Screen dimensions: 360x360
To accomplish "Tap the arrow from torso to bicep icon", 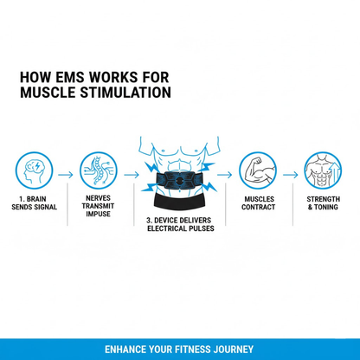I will (225, 173).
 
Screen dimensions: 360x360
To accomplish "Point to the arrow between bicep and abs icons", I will (291, 173).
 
